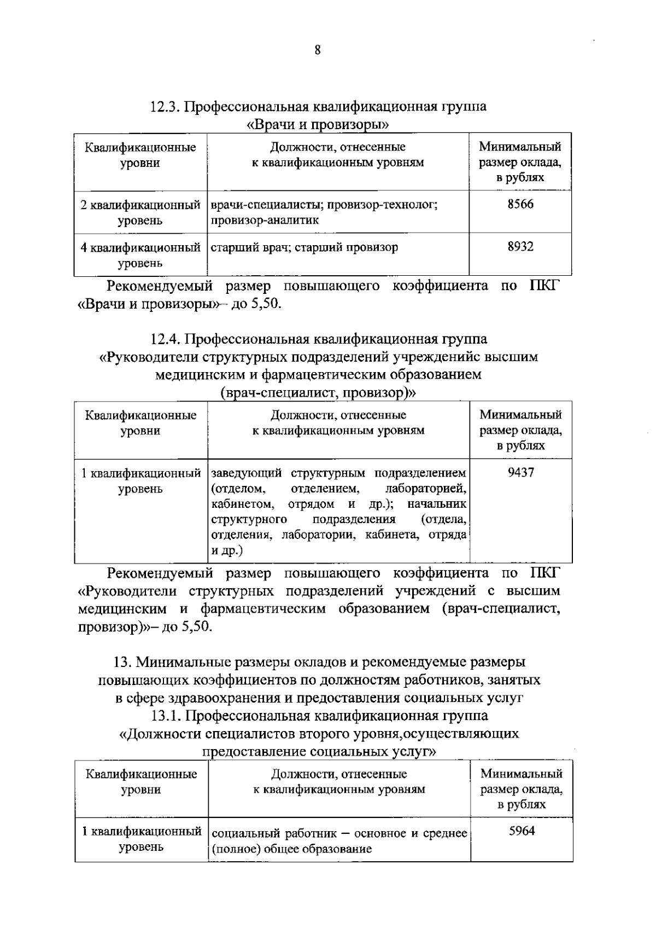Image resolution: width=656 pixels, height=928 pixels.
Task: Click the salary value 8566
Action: [520, 204]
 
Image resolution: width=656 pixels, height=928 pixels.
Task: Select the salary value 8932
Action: [520, 247]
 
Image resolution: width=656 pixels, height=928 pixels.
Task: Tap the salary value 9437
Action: [520, 472]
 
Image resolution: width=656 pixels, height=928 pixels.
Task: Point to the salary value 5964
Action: [522, 831]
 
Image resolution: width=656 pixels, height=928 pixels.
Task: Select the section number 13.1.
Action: [168, 715]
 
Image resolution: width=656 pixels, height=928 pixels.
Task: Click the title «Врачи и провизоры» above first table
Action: [318, 124]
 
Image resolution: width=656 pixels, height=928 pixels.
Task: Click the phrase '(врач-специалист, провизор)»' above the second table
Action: [318, 392]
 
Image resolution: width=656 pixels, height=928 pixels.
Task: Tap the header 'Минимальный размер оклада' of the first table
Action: [520, 155]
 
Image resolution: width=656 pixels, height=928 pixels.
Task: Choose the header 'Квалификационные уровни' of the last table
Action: [141, 781]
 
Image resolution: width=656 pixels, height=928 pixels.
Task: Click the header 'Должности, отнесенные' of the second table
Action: [338, 415]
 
